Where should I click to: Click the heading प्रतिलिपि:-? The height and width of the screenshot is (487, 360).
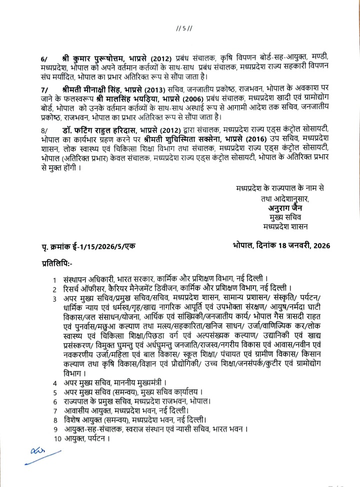(x=57, y=262)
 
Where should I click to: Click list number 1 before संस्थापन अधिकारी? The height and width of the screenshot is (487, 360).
(x=55, y=279)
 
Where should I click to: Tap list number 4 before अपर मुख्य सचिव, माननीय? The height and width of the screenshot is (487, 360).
(x=55, y=383)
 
